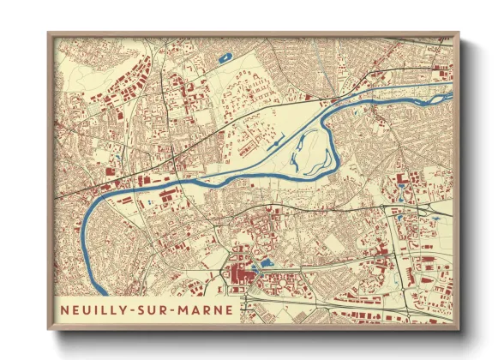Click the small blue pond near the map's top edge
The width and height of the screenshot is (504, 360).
[225, 57]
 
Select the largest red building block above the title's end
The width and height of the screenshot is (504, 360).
[236, 275]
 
